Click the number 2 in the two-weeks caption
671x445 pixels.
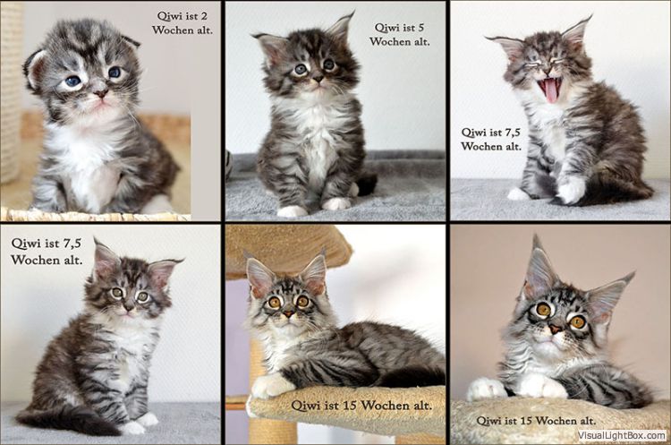204,16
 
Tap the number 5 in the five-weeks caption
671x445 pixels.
420,28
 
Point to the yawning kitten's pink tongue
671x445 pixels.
550,90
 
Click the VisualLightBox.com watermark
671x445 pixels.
622,435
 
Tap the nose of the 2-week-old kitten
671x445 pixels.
101,92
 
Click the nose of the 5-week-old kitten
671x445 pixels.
318,79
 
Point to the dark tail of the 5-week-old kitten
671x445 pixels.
366,184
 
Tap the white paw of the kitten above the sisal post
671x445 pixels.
268,386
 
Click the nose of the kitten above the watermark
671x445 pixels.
555,329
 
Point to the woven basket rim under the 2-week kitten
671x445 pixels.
95,215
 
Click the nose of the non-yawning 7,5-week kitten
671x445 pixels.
128,307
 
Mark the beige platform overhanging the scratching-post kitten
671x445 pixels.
287,249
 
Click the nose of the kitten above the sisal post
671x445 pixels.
289,313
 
